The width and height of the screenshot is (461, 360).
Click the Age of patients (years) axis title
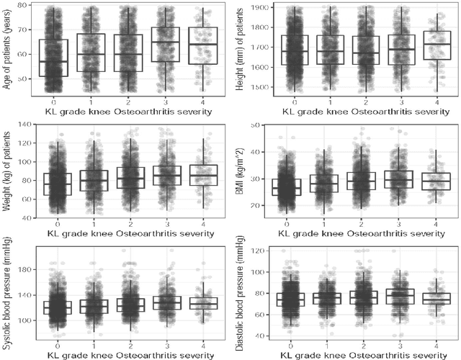[x=7, y=50]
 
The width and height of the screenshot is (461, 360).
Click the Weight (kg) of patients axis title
[x=7, y=171]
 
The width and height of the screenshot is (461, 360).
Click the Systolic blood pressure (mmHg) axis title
[x=7, y=297]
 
